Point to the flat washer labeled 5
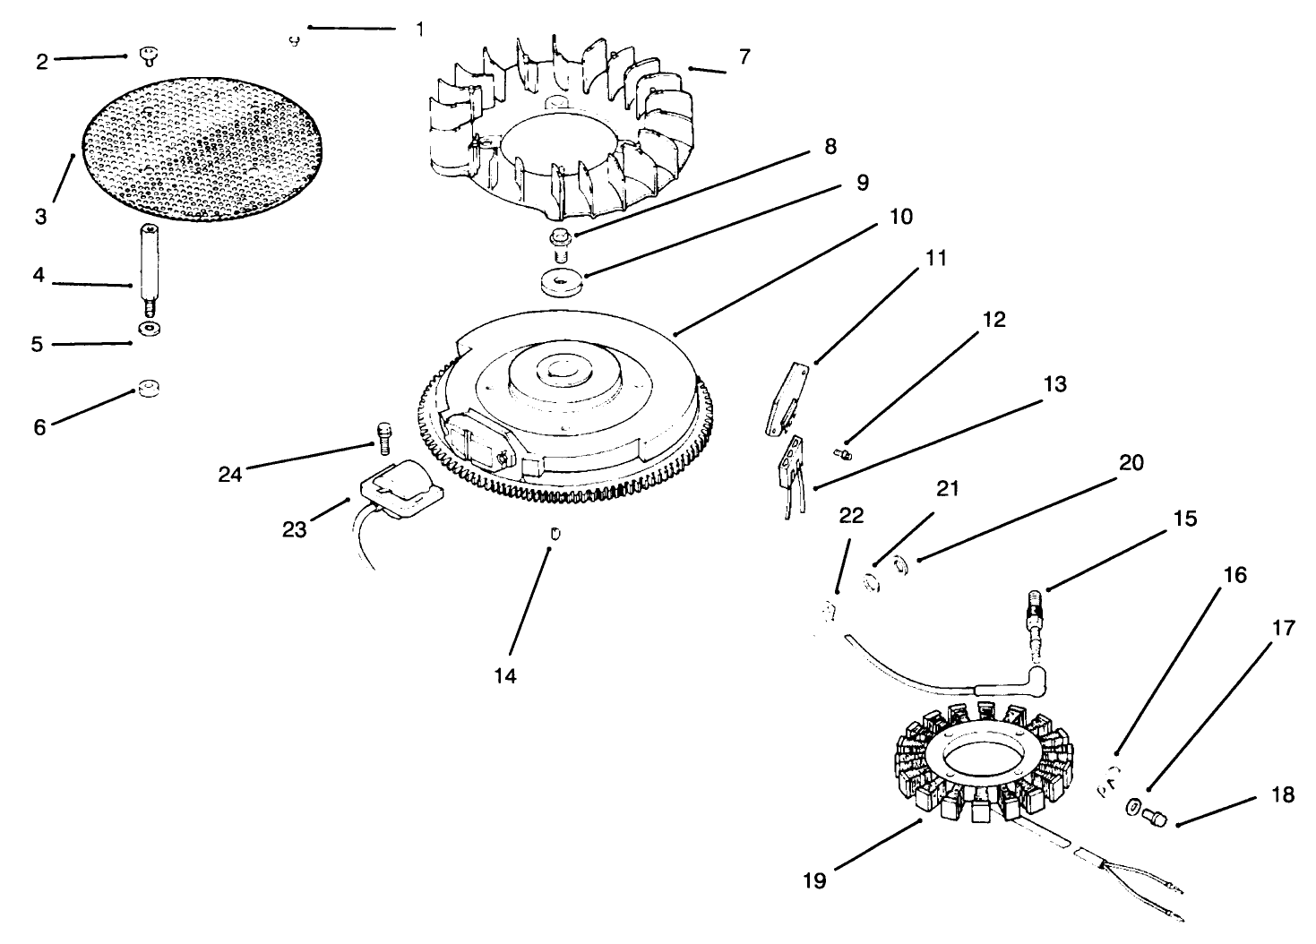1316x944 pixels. pos(147,330)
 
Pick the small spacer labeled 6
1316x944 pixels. pos(147,389)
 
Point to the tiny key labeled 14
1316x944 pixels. pos(555,534)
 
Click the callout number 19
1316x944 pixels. pos(815,880)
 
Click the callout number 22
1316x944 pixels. pos(851,514)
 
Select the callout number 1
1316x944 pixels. pos(419,29)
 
